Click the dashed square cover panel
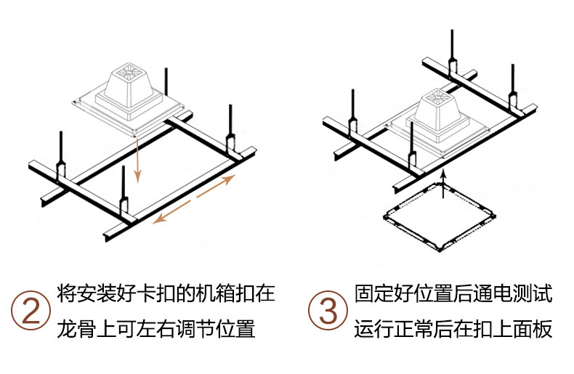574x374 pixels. point(440,218)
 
